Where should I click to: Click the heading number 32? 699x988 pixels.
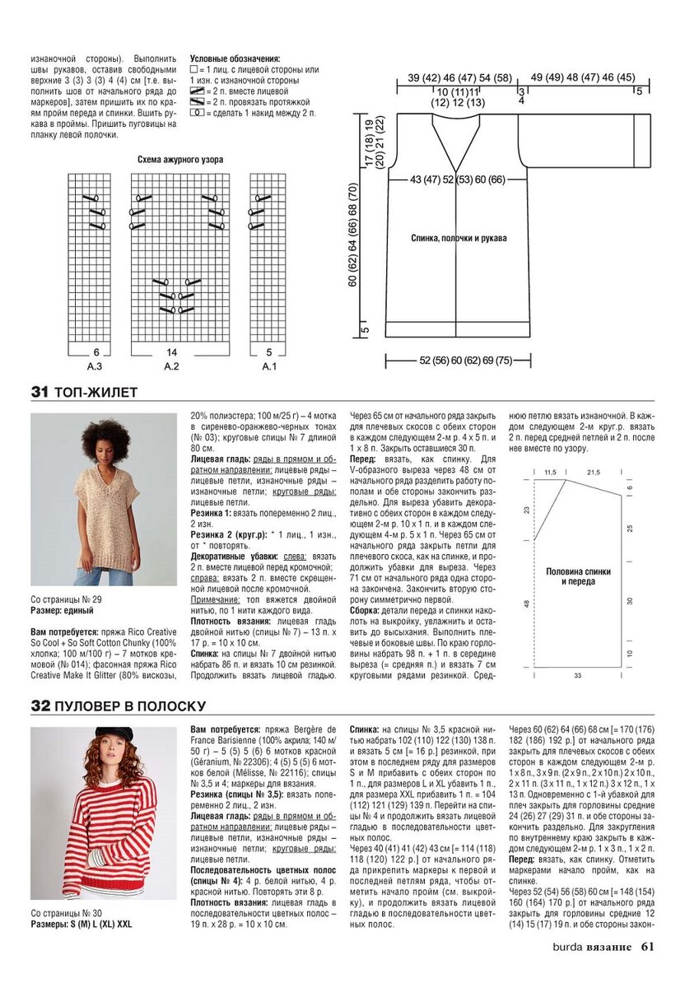point(40,706)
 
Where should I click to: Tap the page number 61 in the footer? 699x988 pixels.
point(647,946)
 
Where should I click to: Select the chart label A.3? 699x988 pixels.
point(95,366)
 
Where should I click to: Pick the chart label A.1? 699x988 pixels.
point(268,366)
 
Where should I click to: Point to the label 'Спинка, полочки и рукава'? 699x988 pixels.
point(459,238)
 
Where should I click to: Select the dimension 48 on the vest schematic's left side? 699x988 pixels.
point(526,604)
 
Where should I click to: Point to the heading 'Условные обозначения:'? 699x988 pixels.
point(235,59)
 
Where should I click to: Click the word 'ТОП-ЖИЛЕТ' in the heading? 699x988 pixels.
point(96,393)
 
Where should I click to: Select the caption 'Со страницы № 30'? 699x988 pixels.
point(66,913)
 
